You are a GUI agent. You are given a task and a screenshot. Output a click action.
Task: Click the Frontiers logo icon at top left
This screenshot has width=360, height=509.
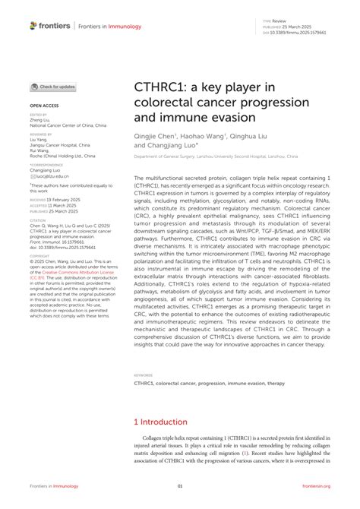click(x=33, y=26)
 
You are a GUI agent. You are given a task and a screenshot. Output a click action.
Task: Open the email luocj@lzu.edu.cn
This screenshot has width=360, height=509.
click(x=52, y=175)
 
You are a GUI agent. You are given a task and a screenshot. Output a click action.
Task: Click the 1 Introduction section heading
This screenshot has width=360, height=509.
click(x=161, y=422)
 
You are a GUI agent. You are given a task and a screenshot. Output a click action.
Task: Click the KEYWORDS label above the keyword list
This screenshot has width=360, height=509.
click(x=143, y=396)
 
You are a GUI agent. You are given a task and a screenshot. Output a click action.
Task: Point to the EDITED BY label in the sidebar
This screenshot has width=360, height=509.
click(x=38, y=115)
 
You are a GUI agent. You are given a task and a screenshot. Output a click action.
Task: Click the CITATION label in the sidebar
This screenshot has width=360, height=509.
click(x=39, y=220)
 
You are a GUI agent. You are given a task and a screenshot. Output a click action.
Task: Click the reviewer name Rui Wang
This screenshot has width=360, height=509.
click(x=39, y=149)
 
